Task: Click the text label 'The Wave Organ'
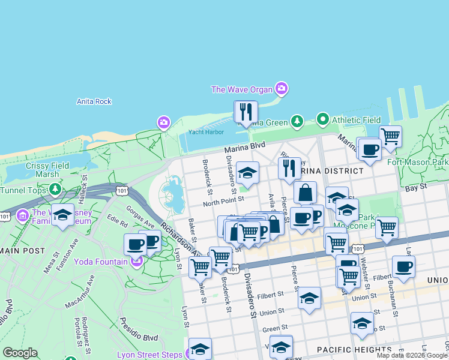[241, 90]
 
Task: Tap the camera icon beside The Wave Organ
[282, 90]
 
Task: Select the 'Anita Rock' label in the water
[94, 101]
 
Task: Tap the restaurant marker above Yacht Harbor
[246, 112]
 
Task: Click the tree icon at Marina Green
[297, 122]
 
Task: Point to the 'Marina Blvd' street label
[244, 146]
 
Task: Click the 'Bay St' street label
[415, 188]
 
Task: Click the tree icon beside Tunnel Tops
[55, 190]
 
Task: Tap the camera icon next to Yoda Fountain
[136, 262]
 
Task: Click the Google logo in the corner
[20, 353]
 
